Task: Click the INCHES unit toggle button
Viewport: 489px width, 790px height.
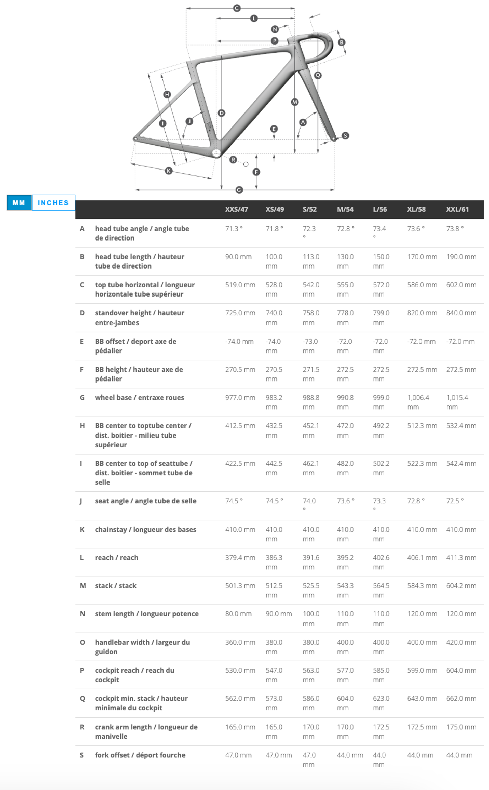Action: [x=53, y=203]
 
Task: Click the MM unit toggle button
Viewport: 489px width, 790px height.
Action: [x=19, y=203]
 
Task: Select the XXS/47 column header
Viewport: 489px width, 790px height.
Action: [x=236, y=209]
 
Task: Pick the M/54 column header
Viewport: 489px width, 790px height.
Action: [x=345, y=209]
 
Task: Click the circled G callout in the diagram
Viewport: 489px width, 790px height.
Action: [x=239, y=190]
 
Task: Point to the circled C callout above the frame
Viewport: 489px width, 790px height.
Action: [x=237, y=8]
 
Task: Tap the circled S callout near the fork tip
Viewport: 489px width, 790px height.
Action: [x=345, y=135]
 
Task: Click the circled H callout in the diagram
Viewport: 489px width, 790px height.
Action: [x=167, y=94]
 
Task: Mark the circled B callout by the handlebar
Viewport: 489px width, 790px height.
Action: [x=342, y=42]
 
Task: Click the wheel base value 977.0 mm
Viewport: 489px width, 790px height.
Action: [x=240, y=398]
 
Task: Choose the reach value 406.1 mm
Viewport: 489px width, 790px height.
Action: [x=422, y=557]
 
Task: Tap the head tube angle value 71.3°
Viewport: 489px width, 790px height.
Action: [x=234, y=229]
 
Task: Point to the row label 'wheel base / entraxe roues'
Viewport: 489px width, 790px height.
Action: [x=139, y=398]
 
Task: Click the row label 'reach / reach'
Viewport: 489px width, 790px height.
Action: [x=116, y=557]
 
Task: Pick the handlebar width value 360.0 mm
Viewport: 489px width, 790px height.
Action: [x=240, y=642]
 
